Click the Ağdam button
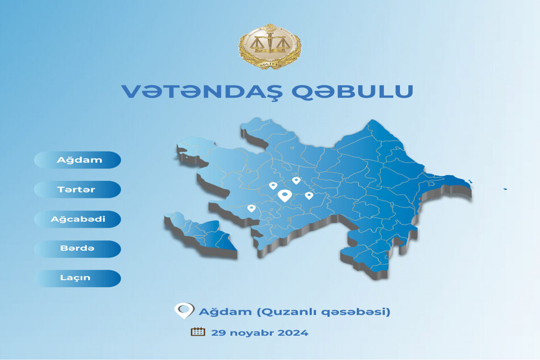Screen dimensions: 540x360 [x=77, y=160]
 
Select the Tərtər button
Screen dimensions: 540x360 [x=77, y=189]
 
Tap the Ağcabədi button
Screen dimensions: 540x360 [x=77, y=219]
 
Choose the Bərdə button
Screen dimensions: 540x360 [x=77, y=249]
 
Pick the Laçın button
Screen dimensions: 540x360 [x=77, y=278]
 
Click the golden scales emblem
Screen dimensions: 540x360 [x=270, y=47]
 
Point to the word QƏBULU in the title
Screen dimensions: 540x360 [x=352, y=92]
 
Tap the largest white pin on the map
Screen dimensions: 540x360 [x=285, y=196]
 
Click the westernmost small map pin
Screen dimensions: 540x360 [x=251, y=208]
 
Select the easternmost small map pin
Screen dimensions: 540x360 [x=309, y=196]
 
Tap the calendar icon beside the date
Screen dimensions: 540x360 [x=198, y=332]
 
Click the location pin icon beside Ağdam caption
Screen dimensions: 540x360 [x=184, y=311]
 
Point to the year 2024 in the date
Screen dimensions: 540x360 [x=293, y=333]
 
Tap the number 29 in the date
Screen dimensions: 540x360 [x=219, y=333]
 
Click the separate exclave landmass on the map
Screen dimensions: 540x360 [x=201, y=234]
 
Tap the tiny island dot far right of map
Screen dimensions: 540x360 [x=505, y=189]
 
